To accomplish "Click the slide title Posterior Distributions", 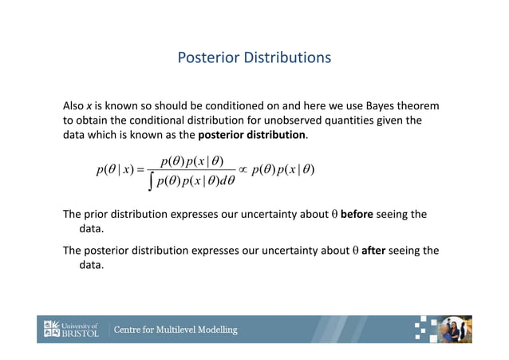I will click(x=254, y=58).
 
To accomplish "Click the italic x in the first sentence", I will click(x=89, y=106).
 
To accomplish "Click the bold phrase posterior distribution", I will click(x=251, y=135).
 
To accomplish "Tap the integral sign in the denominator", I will click(x=151, y=182).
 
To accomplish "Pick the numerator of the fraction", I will click(x=191, y=161).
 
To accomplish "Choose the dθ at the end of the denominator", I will click(x=226, y=181).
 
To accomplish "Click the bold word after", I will click(x=373, y=250).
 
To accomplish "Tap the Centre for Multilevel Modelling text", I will click(x=176, y=330).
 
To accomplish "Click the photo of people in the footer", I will click(x=456, y=329).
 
